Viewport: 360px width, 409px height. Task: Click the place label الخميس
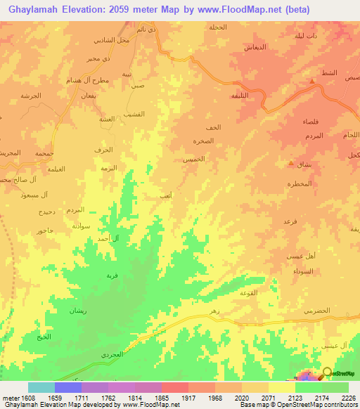[194, 160]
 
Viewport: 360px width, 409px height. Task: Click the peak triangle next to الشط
[312, 81]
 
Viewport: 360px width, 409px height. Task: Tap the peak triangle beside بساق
[291, 164]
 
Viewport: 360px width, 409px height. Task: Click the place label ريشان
[77, 310]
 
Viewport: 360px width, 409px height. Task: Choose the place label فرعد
[290, 221]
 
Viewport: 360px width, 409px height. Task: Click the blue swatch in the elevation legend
[67, 387]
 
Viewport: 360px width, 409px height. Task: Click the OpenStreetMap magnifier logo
[328, 372]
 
